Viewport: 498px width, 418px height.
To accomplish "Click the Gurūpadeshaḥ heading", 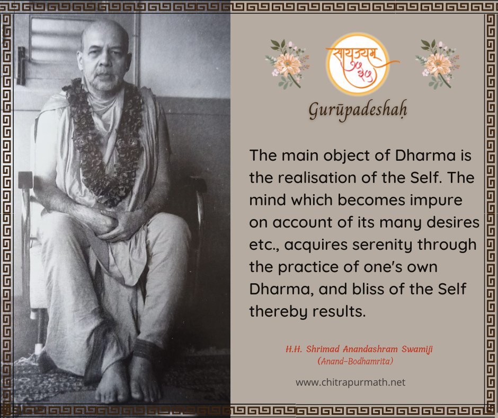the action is coord(358,110).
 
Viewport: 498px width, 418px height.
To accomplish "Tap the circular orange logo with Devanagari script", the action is coord(358,64).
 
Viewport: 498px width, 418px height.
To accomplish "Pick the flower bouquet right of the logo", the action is coord(438,64).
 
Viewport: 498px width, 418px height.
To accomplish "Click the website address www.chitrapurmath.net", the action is coord(350,382).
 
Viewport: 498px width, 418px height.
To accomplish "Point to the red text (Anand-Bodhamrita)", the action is coord(355,361).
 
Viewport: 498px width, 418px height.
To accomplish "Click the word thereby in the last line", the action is coord(278,311).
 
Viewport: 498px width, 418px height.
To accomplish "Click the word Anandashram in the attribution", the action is coord(370,349).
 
